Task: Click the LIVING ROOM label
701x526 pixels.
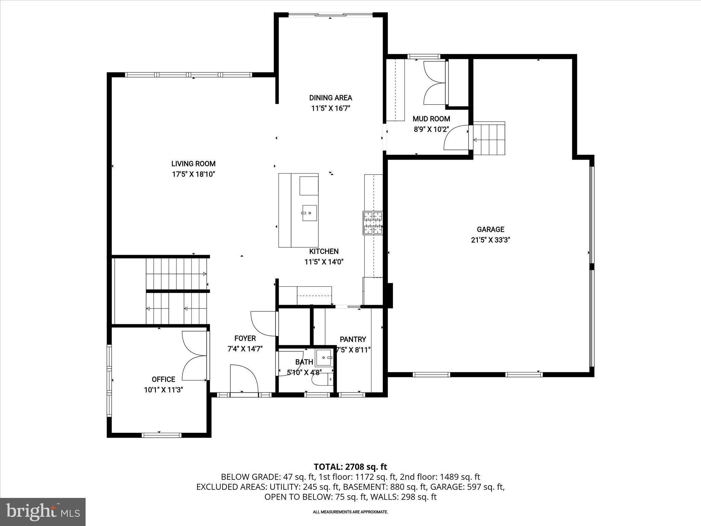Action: coord(193,164)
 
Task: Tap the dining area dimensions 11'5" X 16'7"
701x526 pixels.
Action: coord(330,109)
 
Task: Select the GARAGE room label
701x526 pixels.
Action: coord(490,229)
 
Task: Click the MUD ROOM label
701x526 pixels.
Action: coord(431,119)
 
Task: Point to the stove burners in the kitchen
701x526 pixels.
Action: coord(373,223)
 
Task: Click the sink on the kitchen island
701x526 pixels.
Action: coord(309,213)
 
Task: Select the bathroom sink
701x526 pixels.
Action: coord(324,358)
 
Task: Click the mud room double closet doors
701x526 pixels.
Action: coord(434,83)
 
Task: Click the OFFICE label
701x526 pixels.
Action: coord(163,379)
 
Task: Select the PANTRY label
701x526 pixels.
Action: coord(353,339)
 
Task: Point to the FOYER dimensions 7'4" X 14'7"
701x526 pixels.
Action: coord(245,349)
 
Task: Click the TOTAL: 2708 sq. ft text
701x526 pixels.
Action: coord(350,467)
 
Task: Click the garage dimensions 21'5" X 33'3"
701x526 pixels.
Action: coord(490,240)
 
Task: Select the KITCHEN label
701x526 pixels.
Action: coord(324,251)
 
